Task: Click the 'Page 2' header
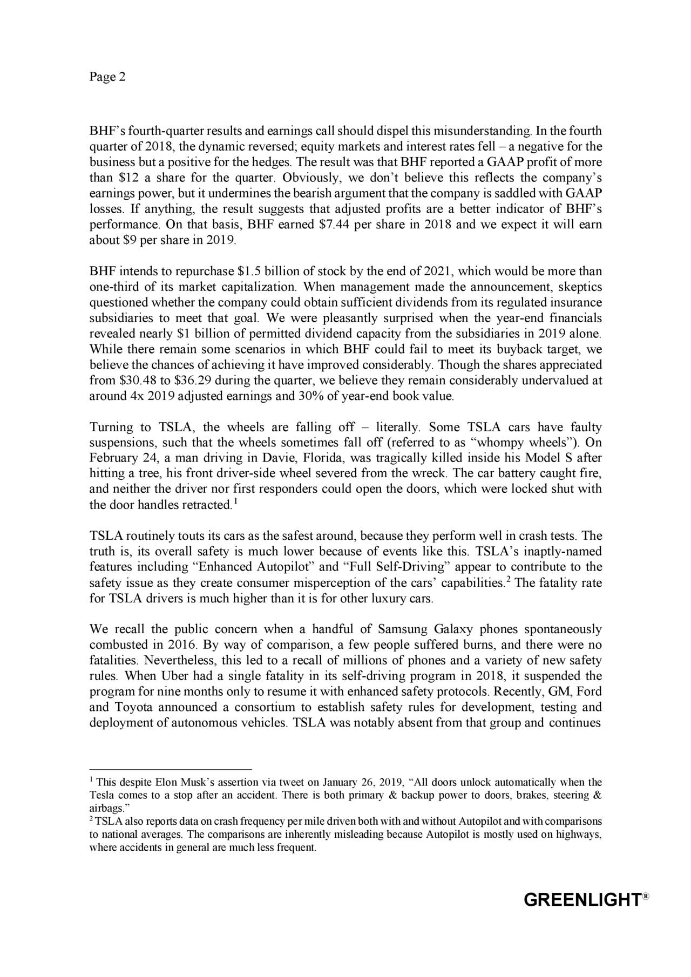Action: click(x=107, y=77)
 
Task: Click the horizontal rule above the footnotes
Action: click(x=171, y=770)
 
